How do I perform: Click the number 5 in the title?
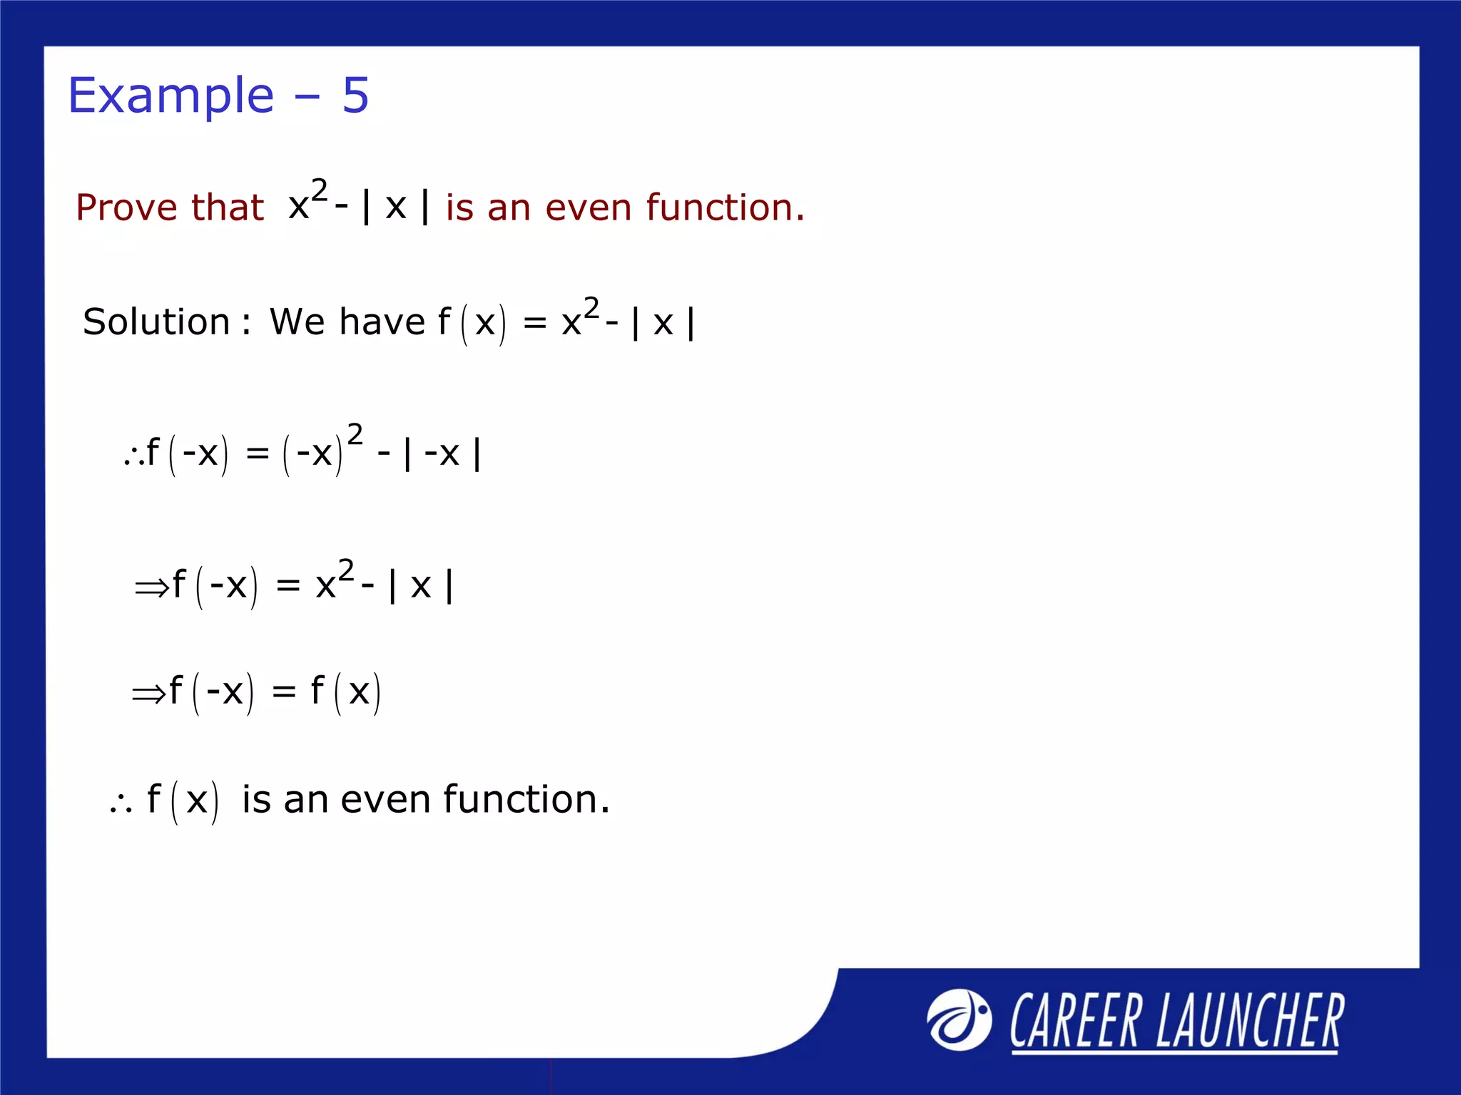tap(355, 95)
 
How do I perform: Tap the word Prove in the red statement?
tap(126, 207)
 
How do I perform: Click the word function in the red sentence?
tap(725, 207)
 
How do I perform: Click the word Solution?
tap(156, 322)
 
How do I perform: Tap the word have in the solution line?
tap(382, 322)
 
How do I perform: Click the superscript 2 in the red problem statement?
tap(319, 190)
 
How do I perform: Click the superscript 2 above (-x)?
tap(355, 434)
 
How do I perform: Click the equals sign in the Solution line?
tap(535, 324)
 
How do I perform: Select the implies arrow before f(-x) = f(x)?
tap(148, 694)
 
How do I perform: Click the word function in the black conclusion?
tap(526, 800)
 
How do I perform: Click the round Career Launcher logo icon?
tap(959, 1019)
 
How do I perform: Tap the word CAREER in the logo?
tap(1075, 1021)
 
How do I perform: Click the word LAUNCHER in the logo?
tap(1250, 1021)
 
